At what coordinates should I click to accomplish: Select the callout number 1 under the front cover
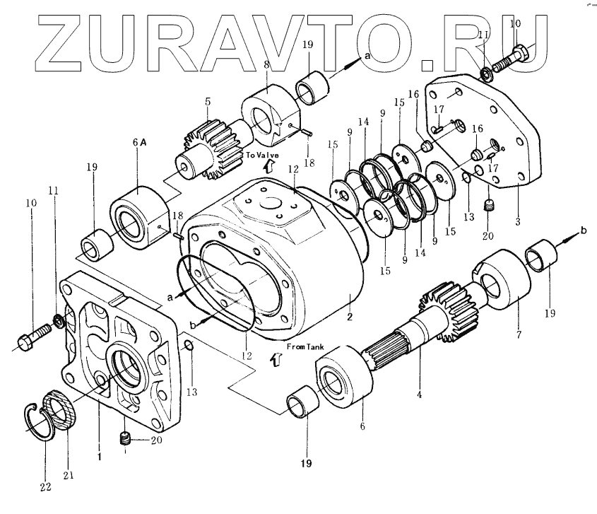pos(99,457)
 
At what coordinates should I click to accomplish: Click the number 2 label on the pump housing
pos(349,317)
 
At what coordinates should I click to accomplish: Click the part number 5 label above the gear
pos(207,102)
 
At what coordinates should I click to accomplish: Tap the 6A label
pos(138,141)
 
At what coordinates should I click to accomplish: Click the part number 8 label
pos(266,64)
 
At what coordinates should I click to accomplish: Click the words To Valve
pos(262,154)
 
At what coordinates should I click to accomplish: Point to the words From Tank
pos(305,346)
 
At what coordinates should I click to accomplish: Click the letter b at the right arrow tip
pos(584,230)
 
